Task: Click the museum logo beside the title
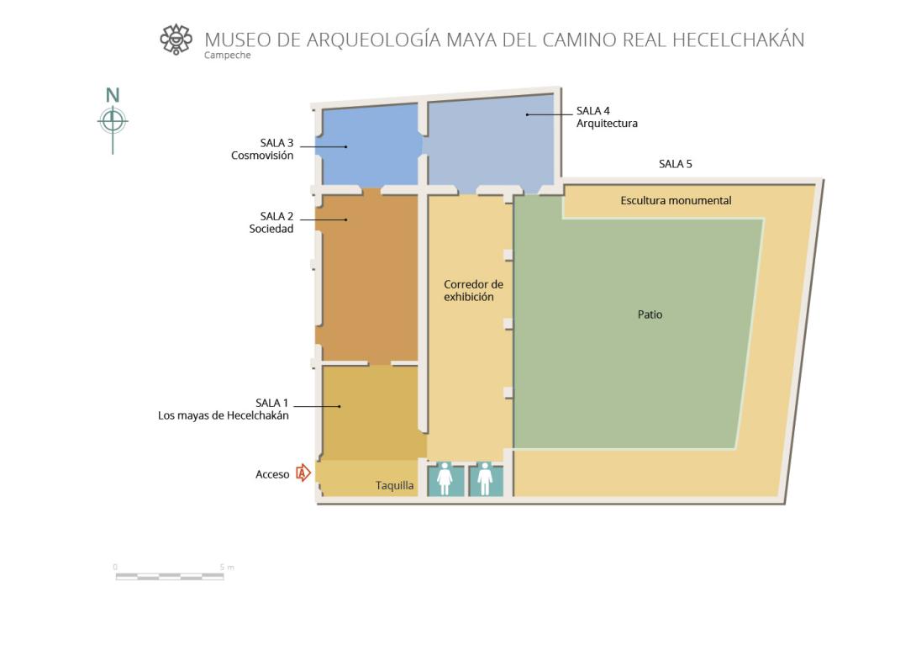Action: [x=176, y=40]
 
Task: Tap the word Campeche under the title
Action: [x=227, y=55]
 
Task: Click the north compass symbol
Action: [x=113, y=120]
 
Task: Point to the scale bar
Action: [x=170, y=576]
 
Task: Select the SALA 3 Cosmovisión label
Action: [x=262, y=149]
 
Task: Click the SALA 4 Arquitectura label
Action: [x=607, y=117]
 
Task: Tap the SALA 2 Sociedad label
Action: [x=271, y=223]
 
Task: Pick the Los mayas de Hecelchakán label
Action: [x=224, y=415]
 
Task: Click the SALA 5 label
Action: [x=676, y=164]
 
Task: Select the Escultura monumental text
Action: [x=676, y=200]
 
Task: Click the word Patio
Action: [x=650, y=314]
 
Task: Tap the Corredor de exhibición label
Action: [x=473, y=290]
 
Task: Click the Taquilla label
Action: [x=394, y=485]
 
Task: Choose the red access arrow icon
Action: [x=303, y=473]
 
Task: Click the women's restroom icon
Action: [x=445, y=479]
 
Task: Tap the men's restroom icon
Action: [x=485, y=479]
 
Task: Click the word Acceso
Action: [x=272, y=474]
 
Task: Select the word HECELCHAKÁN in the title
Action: [x=739, y=40]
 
